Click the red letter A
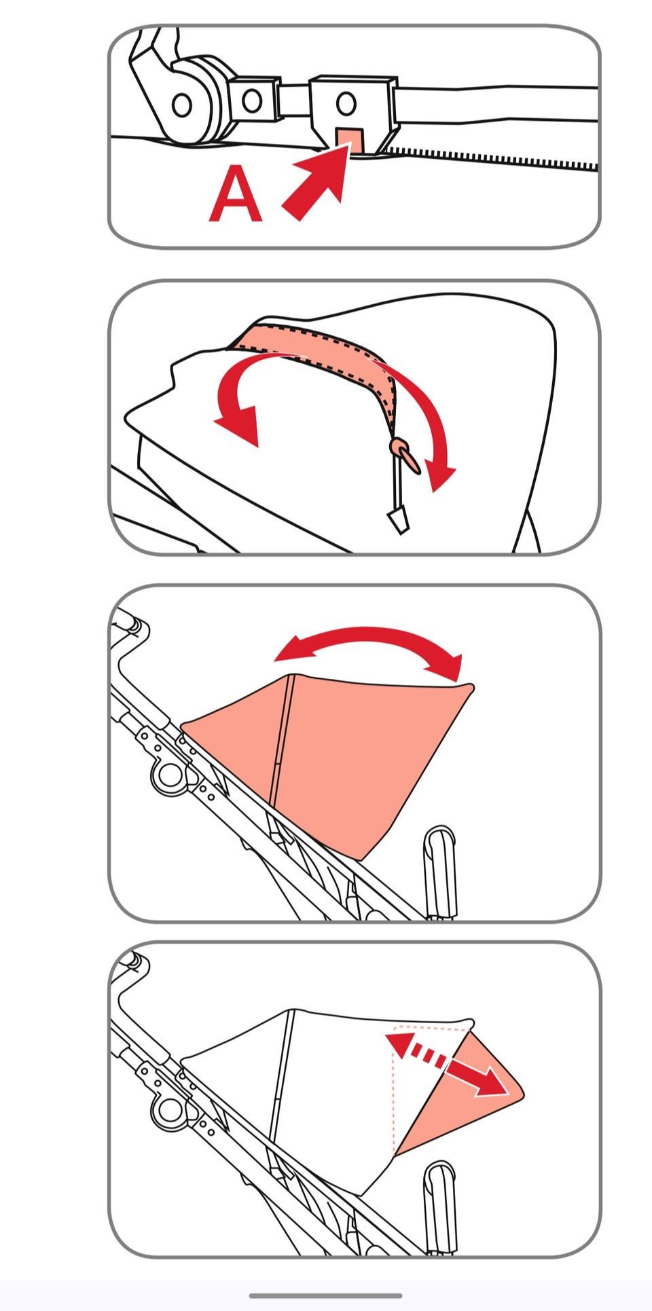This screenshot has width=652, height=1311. coord(236,195)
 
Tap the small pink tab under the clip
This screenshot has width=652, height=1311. coord(350,140)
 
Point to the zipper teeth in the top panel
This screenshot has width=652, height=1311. coord(489,157)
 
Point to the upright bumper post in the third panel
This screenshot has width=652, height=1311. coord(440,872)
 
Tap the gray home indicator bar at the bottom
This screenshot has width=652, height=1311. coord(326,1295)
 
